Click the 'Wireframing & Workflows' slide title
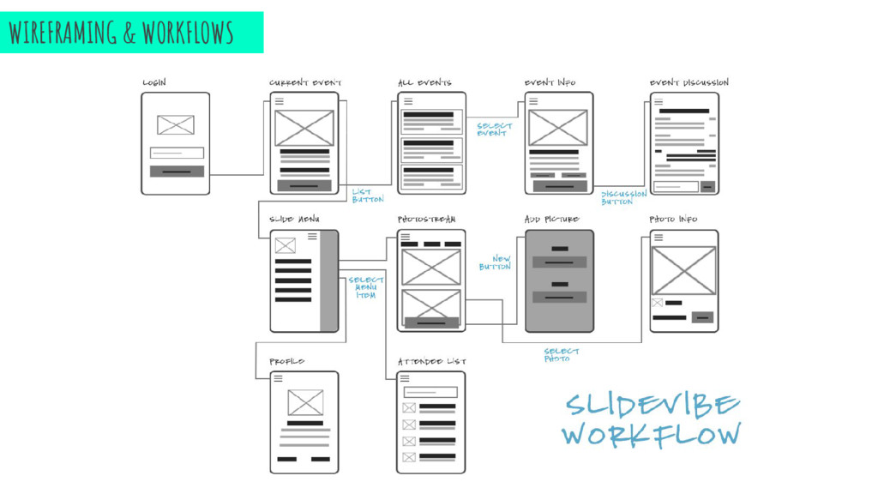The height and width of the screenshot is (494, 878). pyautogui.click(x=121, y=33)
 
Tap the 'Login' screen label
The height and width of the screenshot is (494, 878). pyautogui.click(x=154, y=82)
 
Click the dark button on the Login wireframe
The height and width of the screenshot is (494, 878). pyautogui.click(x=177, y=172)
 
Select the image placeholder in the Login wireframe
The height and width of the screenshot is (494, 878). pyautogui.click(x=176, y=125)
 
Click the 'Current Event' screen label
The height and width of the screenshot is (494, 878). pyautogui.click(x=305, y=82)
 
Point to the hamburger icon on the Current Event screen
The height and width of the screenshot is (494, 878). pyautogui.click(x=279, y=101)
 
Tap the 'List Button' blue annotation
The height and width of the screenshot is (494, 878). pyautogui.click(x=367, y=196)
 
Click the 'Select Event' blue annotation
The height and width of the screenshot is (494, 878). pyautogui.click(x=494, y=130)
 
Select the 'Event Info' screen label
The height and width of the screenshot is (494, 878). pyautogui.click(x=550, y=82)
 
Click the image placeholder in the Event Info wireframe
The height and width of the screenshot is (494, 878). pyautogui.click(x=557, y=128)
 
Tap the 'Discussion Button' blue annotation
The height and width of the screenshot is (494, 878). pyautogui.click(x=623, y=198)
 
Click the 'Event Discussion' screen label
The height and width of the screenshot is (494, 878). pyautogui.click(x=689, y=82)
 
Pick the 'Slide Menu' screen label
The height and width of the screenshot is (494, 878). pyautogui.click(x=294, y=220)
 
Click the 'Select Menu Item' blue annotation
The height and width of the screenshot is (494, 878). pyautogui.click(x=366, y=287)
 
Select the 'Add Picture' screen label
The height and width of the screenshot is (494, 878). pyautogui.click(x=550, y=220)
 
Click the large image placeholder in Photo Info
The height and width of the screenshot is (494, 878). pyautogui.click(x=683, y=270)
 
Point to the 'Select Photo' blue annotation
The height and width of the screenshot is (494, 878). pyautogui.click(x=562, y=355)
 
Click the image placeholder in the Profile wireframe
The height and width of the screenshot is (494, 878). pyautogui.click(x=305, y=402)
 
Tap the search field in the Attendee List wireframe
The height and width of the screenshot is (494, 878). pyautogui.click(x=430, y=392)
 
